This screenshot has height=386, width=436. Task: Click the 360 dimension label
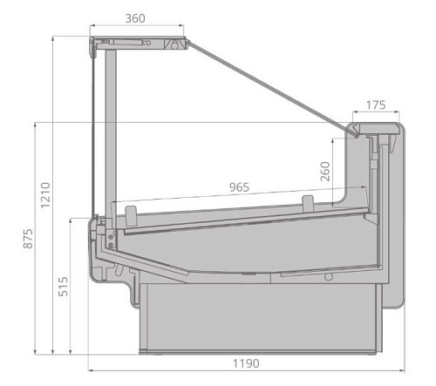click(135, 18)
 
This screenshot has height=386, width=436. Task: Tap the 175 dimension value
click(376, 105)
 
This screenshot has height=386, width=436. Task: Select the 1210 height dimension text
click(45, 195)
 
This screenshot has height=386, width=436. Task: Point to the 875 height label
click(28, 239)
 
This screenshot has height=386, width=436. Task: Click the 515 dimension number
click(63, 287)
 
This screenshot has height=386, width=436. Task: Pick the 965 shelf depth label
click(239, 187)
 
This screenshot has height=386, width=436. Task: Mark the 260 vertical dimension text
click(325, 172)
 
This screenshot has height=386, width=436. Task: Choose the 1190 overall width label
click(246, 363)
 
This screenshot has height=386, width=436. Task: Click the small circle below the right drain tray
click(329, 277)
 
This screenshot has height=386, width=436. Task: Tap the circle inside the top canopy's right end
click(174, 45)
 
